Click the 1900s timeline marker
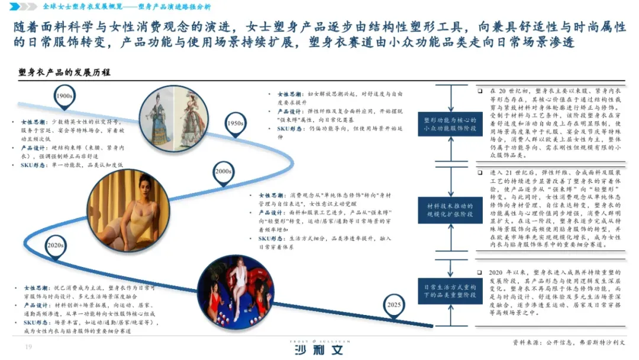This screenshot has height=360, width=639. click(x=63, y=96)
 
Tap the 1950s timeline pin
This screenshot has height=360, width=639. click(x=235, y=124)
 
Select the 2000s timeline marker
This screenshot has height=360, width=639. click(x=223, y=172)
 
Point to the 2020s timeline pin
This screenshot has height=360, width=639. click(x=56, y=245)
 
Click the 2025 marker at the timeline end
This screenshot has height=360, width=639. click(x=392, y=305)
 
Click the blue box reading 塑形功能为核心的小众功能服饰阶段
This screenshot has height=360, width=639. click(x=450, y=124)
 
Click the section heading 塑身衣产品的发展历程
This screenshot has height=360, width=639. click(x=64, y=72)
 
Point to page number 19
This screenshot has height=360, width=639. click(x=27, y=347)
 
